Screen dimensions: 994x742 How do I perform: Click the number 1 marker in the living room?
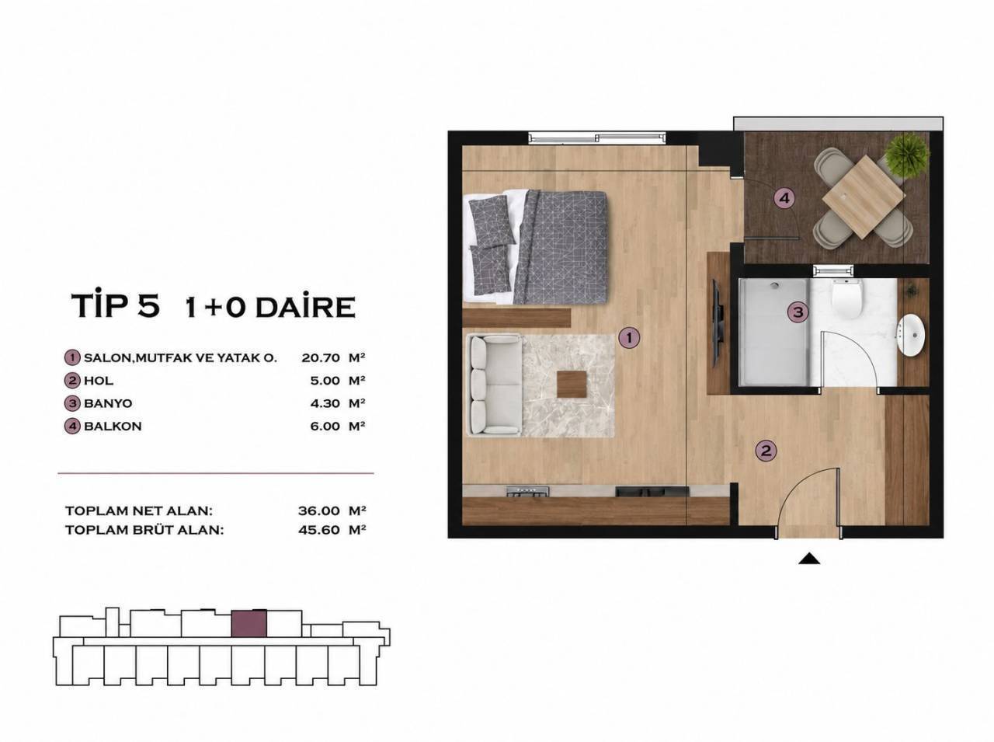[x=629, y=337]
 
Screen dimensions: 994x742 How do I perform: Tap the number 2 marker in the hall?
[x=766, y=451]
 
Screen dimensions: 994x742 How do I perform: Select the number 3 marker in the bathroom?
[x=798, y=312]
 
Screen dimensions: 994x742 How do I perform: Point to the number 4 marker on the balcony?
[x=784, y=198]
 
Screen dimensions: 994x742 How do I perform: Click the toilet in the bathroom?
[x=846, y=298]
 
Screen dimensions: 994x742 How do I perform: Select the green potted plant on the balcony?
[x=907, y=154]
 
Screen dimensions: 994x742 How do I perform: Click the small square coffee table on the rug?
[x=572, y=384]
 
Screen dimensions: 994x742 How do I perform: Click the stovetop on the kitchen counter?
[x=527, y=492]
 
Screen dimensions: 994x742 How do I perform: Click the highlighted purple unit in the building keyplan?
[x=248, y=624]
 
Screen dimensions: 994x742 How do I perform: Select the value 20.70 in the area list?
[x=321, y=358]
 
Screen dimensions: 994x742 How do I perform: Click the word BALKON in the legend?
[x=113, y=427]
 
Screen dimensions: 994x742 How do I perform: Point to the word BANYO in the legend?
[x=108, y=403]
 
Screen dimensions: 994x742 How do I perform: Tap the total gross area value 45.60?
[x=319, y=530]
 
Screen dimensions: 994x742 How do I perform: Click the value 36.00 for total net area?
[x=319, y=511]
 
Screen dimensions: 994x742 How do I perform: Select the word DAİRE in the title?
[x=305, y=307]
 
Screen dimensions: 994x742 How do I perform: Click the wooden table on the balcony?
[x=864, y=197]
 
